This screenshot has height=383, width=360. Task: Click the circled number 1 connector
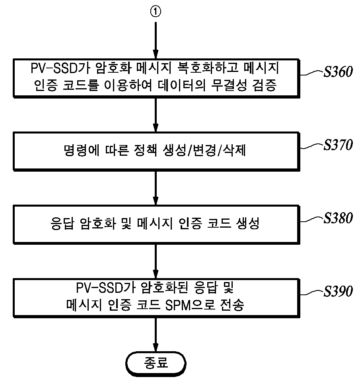(x=156, y=12)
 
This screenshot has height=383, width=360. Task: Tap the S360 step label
(x=338, y=72)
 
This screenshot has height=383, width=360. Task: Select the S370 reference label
(x=338, y=145)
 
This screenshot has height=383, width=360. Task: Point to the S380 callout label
(x=338, y=218)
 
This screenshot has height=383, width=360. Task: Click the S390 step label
(x=338, y=291)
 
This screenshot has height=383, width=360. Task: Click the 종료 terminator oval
(x=156, y=364)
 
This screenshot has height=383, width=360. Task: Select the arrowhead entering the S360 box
(x=156, y=54)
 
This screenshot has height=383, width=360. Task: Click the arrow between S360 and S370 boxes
(x=156, y=115)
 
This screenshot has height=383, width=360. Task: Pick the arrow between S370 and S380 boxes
(x=156, y=188)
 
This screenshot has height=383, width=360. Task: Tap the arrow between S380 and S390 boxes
(x=156, y=261)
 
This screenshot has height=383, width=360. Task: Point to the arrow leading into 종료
(x=156, y=335)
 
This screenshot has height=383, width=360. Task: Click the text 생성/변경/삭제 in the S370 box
(x=204, y=150)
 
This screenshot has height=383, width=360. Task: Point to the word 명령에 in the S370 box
(x=82, y=150)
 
